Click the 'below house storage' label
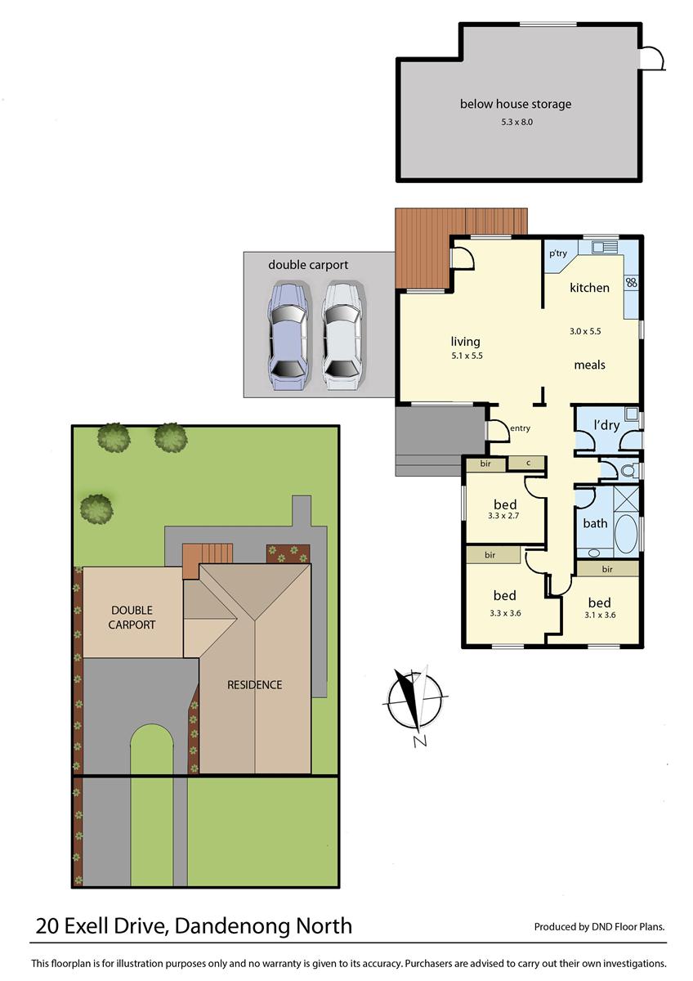[x=516, y=104]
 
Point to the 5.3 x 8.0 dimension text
[x=516, y=122]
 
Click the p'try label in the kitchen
[x=558, y=253]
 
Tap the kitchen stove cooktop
[x=632, y=282]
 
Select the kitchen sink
[x=606, y=246]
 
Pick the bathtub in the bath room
[x=626, y=533]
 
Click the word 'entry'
[x=520, y=428]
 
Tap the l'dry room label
[x=606, y=425]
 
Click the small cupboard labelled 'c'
[x=529, y=464]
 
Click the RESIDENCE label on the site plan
[x=254, y=684]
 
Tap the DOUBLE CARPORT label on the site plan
[x=132, y=617]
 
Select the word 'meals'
[x=589, y=365]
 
